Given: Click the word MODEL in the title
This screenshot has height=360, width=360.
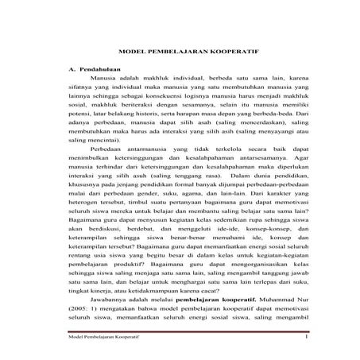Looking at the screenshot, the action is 131,48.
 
